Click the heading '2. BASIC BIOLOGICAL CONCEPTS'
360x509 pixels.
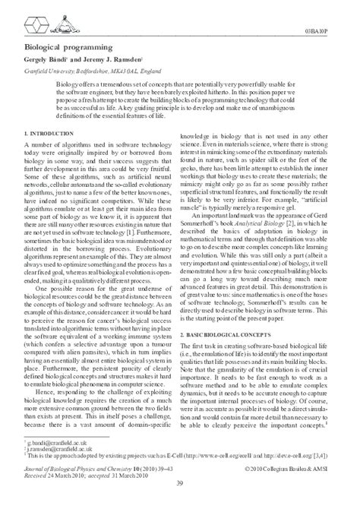pyautogui.click(x=229, y=314)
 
